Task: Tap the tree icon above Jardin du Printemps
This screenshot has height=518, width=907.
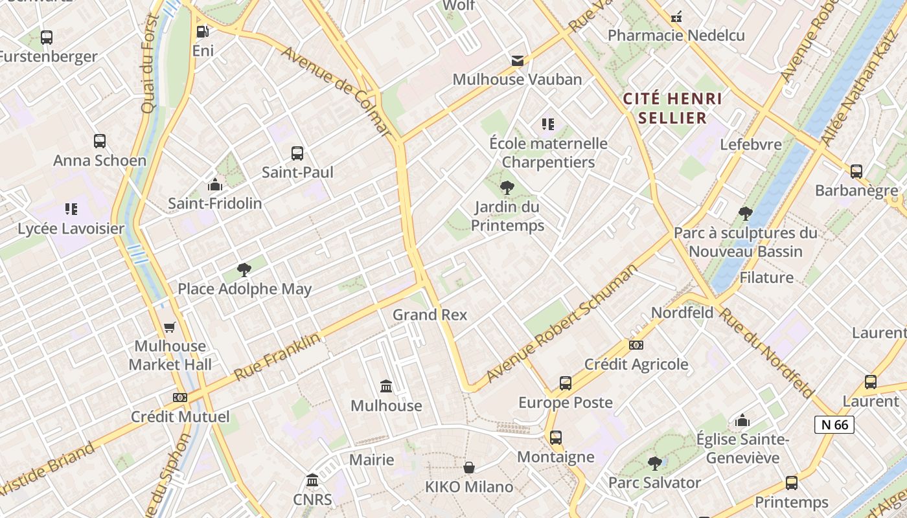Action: tap(507, 188)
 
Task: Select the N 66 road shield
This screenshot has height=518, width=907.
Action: tap(834, 425)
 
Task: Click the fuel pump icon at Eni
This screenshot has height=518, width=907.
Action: tap(203, 31)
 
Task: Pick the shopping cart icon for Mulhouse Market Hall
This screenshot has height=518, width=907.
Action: tap(170, 327)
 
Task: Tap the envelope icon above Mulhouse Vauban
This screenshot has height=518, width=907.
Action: tap(517, 60)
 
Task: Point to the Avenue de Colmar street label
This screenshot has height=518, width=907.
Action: tap(337, 91)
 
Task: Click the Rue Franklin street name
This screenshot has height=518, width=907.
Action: tap(277, 357)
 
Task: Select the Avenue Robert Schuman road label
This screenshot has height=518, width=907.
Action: tap(562, 323)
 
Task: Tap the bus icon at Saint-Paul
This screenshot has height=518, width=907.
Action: tap(297, 153)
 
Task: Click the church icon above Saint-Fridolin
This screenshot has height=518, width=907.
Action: tap(215, 185)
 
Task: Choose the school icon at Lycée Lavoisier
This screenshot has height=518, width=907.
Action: tap(71, 209)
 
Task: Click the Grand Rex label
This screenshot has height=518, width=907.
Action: tap(430, 315)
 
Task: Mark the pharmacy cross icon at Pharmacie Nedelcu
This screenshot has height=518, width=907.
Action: tap(676, 17)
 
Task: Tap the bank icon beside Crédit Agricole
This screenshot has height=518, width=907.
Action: tap(636, 345)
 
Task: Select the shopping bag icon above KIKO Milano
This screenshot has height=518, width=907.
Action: tap(469, 467)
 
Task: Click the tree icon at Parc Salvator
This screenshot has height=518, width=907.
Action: tap(655, 464)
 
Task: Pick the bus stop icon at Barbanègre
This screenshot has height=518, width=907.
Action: tap(856, 172)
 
